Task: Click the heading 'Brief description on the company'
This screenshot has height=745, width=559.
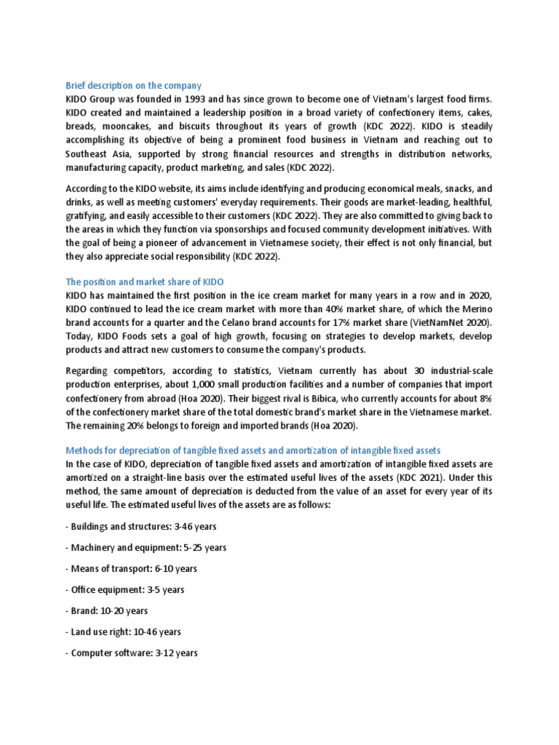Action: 133,86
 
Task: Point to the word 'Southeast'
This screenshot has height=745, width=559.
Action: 87,154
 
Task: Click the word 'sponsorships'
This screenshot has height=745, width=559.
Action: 240,229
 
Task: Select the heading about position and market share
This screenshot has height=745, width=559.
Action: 144,281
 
